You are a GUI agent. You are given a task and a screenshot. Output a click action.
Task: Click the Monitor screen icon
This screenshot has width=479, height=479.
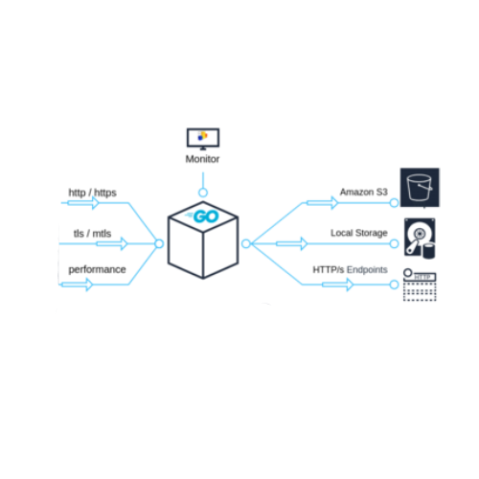point(203,137)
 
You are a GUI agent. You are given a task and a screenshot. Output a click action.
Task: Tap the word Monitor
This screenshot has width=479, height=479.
point(203,159)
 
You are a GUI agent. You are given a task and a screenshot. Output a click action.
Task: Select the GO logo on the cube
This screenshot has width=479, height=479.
point(205,217)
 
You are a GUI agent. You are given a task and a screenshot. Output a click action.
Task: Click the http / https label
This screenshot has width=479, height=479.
point(91,192)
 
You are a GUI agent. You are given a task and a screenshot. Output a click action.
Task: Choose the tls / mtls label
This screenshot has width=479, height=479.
point(92,233)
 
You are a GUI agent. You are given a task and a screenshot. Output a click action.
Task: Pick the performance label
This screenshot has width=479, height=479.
point(96,269)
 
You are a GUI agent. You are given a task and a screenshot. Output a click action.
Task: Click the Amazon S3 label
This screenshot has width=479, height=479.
point(362,192)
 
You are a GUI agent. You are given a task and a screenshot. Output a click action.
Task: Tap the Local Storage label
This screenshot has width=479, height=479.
point(358,233)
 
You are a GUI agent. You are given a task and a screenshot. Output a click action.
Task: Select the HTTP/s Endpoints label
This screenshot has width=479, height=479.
point(350,269)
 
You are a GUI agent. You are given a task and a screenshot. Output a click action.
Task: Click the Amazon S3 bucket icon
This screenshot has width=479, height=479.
point(420,188)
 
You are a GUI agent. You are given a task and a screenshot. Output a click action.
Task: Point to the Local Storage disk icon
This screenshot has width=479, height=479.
point(421,235)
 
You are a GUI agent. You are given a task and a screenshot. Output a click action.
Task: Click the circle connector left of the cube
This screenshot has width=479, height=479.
point(159,243)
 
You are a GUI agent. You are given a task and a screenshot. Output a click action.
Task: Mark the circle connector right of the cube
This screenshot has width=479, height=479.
point(246,243)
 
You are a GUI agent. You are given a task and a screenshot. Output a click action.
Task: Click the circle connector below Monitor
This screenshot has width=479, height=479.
point(203,192)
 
